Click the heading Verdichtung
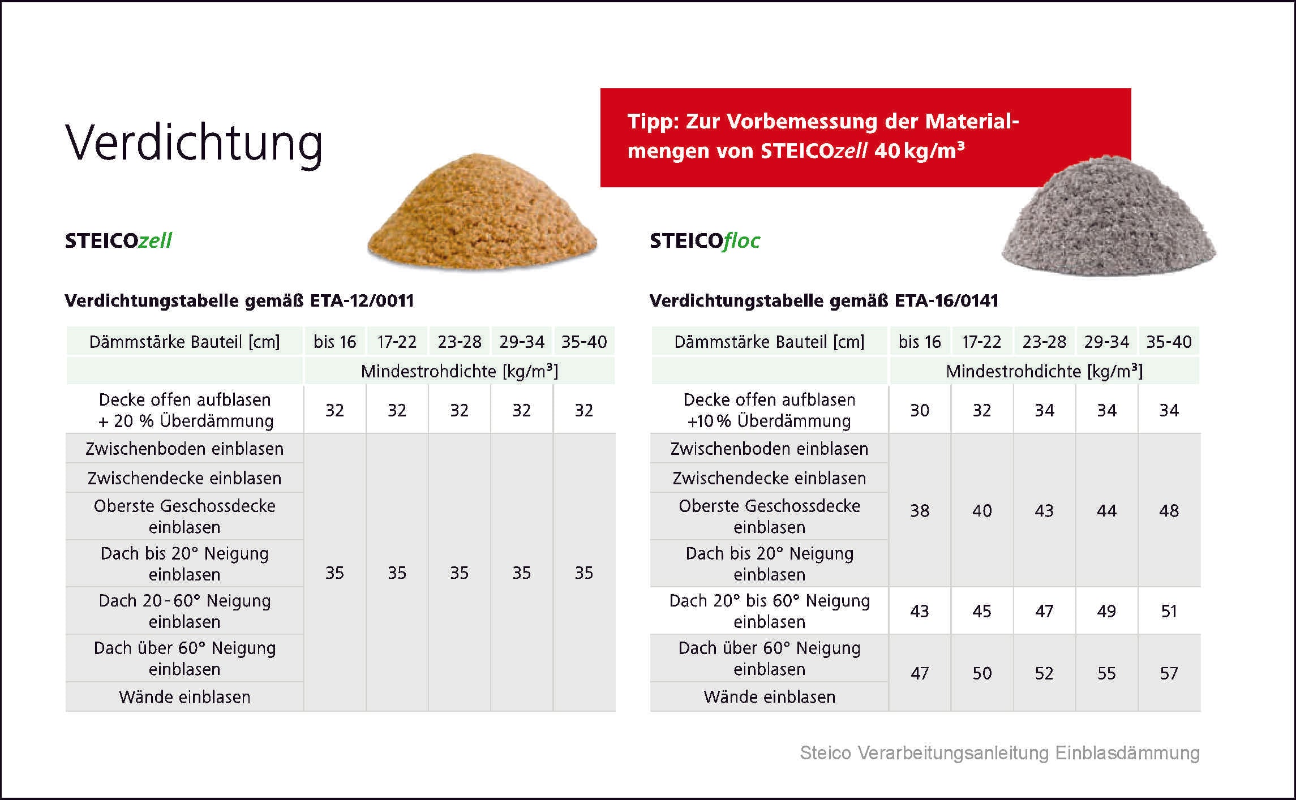(194, 143)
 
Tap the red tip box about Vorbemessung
(865, 137)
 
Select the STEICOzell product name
(118, 241)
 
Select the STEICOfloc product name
(705, 241)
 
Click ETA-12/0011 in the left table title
(362, 300)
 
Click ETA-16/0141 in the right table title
(946, 300)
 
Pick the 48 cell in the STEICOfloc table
(1169, 511)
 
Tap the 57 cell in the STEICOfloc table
(1169, 673)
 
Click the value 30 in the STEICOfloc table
(920, 410)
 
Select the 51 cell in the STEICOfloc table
(1169, 611)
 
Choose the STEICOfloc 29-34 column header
(1106, 342)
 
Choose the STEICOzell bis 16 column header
(335, 342)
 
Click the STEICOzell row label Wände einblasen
(184, 697)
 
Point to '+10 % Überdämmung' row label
(769, 421)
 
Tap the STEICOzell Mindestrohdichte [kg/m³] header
(460, 371)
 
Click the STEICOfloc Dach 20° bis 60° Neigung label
(770, 611)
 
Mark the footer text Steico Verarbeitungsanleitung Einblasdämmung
(1000, 753)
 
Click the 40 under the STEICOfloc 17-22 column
(982, 511)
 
